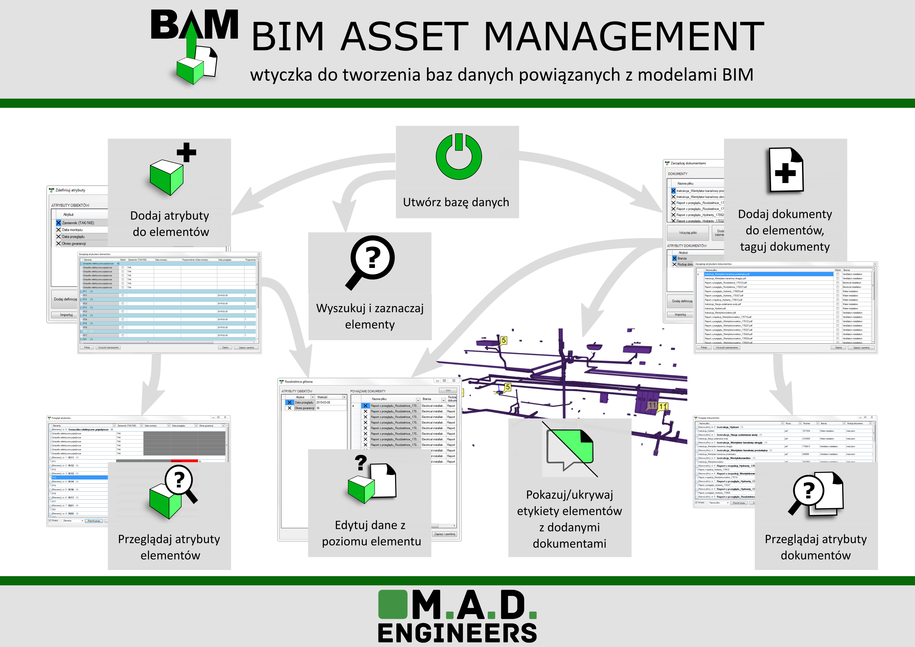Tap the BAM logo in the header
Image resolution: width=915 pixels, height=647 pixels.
pos(194,46)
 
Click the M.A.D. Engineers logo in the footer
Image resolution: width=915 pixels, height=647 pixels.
pos(457,616)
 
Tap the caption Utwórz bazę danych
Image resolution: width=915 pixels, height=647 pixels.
pos(456,202)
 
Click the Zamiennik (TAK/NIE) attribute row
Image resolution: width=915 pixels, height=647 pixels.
pos(78,223)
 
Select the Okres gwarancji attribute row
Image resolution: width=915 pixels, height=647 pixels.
pos(74,244)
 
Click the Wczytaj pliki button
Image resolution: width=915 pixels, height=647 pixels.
pos(688,232)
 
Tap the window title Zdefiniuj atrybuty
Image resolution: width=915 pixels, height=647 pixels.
pos(70,190)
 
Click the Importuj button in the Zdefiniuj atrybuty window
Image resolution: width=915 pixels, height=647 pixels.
pos(66,315)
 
